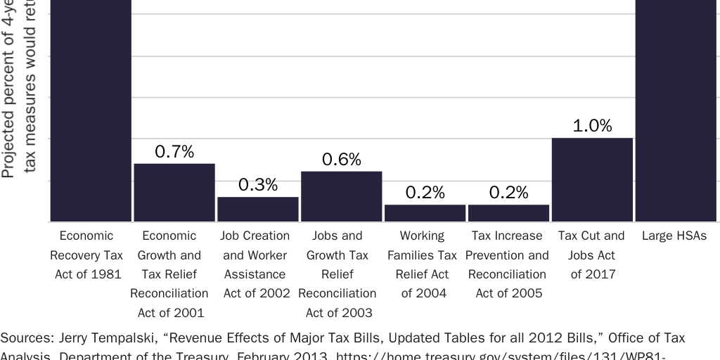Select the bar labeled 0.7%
tap(174, 193)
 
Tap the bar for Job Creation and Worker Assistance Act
tap(258, 210)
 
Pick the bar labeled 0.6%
tap(342, 197)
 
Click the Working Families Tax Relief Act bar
tap(425, 213)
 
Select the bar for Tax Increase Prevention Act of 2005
tap(508, 213)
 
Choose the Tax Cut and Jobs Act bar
tap(592, 180)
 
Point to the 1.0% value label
tap(592, 126)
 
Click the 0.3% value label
tap(258, 185)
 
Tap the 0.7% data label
tap(174, 151)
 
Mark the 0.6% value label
tap(342, 160)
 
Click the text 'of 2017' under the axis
tap(591, 274)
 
